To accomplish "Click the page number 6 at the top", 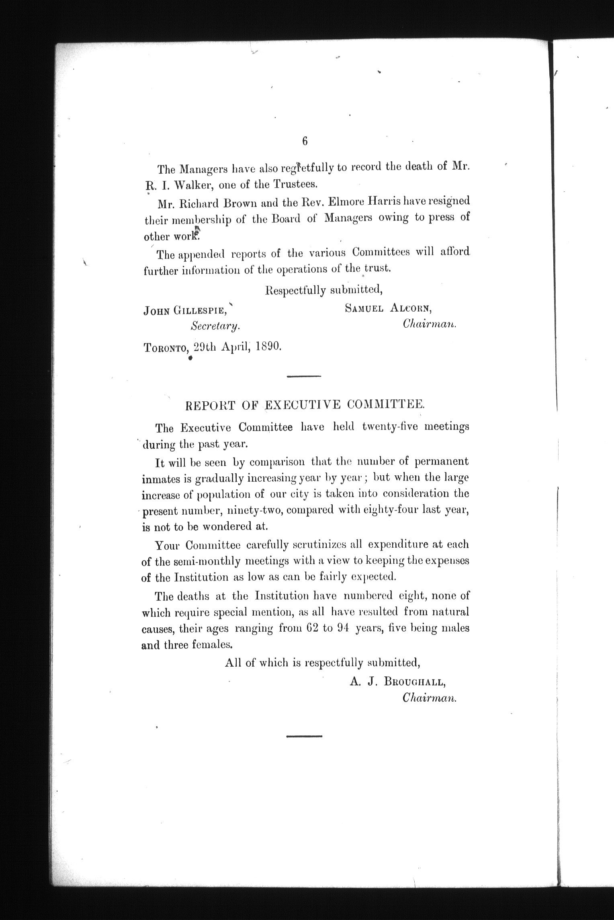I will tap(305, 141).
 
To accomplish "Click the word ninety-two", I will tap(257, 511).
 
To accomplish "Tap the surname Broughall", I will tap(415, 682).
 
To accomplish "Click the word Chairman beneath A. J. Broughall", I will tap(430, 699).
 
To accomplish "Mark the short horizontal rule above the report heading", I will tap(304, 376).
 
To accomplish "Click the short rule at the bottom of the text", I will tap(304, 736).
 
